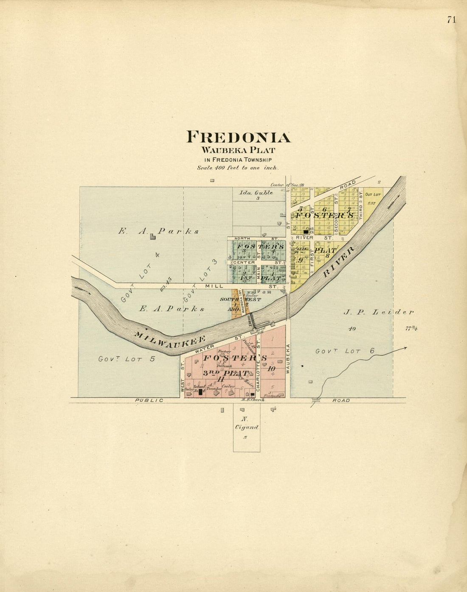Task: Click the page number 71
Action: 451,20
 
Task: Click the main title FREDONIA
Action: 239,137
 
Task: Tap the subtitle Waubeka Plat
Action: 238,150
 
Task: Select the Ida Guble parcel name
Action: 256,192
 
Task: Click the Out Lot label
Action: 372,195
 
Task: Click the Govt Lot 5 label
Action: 127,359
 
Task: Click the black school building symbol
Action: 200,392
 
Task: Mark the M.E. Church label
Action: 250,400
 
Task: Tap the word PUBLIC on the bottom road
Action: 149,400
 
